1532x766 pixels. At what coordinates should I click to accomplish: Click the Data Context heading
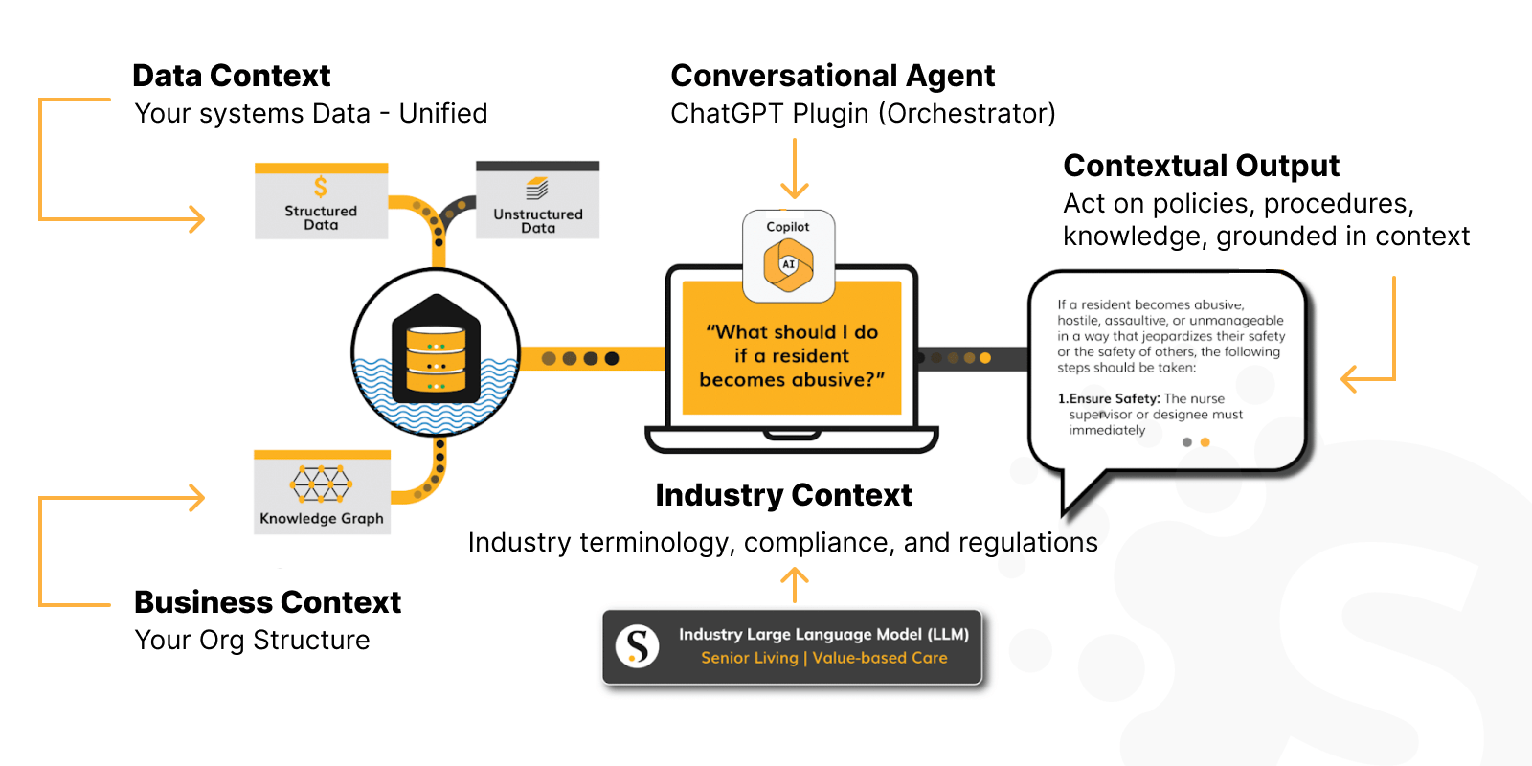[x=231, y=76]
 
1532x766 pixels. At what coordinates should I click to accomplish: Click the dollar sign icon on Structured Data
[x=321, y=187]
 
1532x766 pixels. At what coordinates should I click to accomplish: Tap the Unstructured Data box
[x=537, y=201]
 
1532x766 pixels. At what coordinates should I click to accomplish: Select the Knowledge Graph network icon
[x=321, y=484]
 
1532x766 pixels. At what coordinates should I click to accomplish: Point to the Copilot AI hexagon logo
[x=788, y=265]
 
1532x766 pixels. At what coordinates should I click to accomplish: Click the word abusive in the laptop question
[x=833, y=379]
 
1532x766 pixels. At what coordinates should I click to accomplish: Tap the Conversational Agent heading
[x=832, y=76]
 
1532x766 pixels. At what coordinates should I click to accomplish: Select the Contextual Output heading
[x=1201, y=166]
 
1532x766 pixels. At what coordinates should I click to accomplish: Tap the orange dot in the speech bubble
[x=1205, y=442]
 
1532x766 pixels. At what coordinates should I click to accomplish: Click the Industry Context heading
[x=783, y=495]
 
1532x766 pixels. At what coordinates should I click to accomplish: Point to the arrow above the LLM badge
[x=794, y=583]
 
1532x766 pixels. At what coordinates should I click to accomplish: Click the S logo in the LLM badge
[x=637, y=646]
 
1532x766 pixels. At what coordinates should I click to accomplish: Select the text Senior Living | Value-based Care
[x=823, y=658]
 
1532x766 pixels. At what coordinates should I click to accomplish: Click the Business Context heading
[x=267, y=602]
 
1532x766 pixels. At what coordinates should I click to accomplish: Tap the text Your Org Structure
[x=252, y=640]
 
